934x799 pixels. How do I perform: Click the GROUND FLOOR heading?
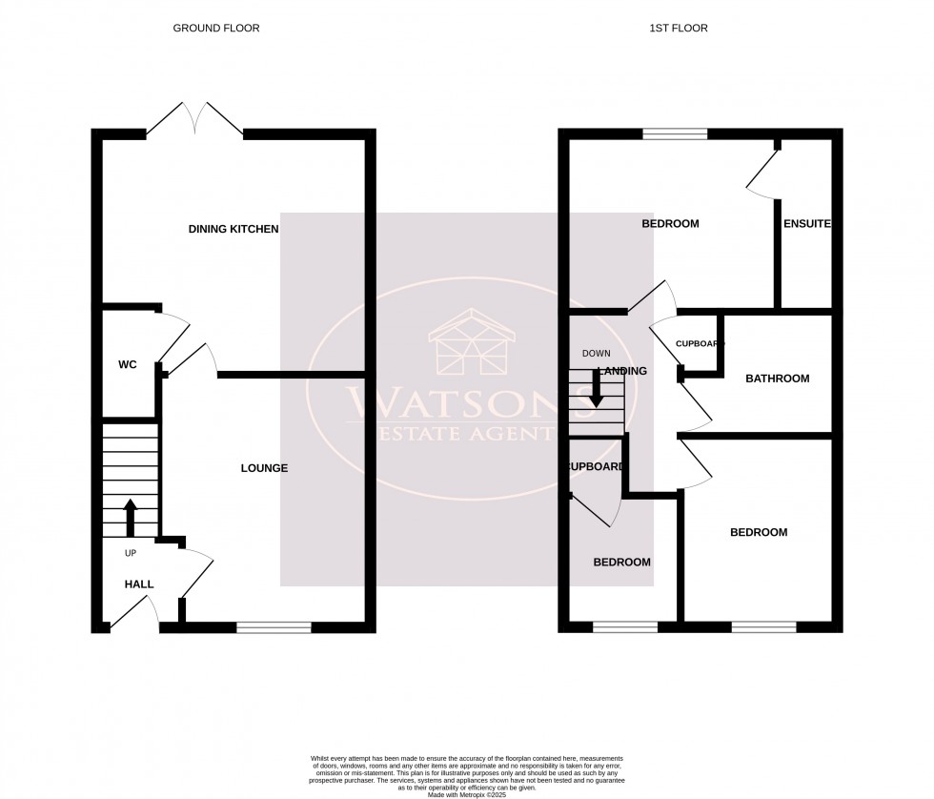point(215,29)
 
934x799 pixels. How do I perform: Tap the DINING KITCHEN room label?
point(233,229)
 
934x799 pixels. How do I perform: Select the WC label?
point(129,365)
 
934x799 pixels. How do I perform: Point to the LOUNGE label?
point(264,468)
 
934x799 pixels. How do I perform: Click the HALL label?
point(138,584)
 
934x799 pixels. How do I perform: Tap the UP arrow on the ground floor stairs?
point(131,517)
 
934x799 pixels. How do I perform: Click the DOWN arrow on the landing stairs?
point(596,390)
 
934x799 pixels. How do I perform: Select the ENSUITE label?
point(806,224)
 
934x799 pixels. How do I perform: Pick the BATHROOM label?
point(777,379)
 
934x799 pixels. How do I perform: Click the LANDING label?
point(621,371)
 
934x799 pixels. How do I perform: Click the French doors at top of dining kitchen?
point(194,120)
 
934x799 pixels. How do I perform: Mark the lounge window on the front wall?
point(274,626)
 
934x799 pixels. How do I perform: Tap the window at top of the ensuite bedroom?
point(675,134)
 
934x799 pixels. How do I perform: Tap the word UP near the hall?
point(131,553)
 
